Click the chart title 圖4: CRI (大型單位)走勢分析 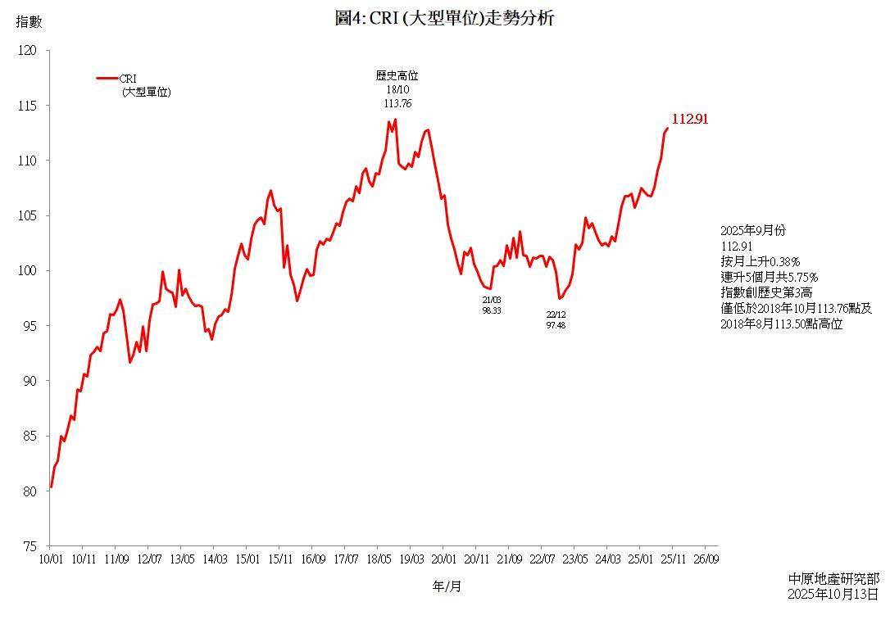tap(445, 18)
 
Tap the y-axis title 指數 tap(29, 21)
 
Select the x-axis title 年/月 tap(447, 586)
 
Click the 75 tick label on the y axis tap(30, 545)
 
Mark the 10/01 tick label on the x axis tap(51, 559)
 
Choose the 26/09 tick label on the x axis tap(706, 559)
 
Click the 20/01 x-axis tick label tap(443, 559)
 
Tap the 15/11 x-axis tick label tap(279, 559)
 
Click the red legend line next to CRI tap(107, 79)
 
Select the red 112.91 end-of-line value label tap(690, 119)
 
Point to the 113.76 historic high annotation tap(397, 103)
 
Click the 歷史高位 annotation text tap(397, 75)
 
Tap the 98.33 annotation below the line tap(492, 311)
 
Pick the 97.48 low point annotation tap(556, 325)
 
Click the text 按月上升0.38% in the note tap(760, 261)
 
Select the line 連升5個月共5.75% tap(769, 277)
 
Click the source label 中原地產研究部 tap(833, 579)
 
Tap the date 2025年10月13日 tap(833, 594)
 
